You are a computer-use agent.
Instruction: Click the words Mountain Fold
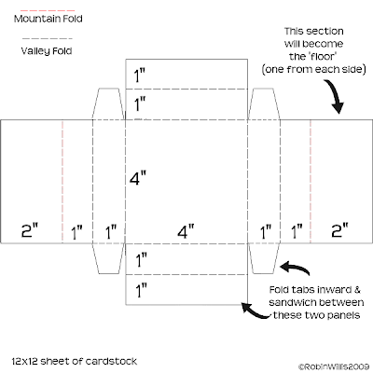pyautogui.click(x=48, y=19)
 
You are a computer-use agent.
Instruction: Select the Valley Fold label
pyautogui.click(x=47, y=50)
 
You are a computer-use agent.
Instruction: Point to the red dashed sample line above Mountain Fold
pyautogui.click(x=48, y=10)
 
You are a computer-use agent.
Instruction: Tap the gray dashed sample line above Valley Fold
pyautogui.click(x=48, y=38)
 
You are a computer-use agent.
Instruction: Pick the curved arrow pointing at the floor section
pyautogui.click(x=336, y=95)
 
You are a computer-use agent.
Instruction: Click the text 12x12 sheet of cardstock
pyautogui.click(x=75, y=361)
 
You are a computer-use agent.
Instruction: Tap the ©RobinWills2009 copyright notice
pyautogui.click(x=334, y=366)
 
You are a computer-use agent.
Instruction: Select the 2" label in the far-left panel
pyautogui.click(x=30, y=230)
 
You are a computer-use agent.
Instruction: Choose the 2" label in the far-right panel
pyautogui.click(x=339, y=230)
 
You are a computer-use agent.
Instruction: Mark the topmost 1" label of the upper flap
pyautogui.click(x=140, y=76)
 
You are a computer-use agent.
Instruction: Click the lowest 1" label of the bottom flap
pyautogui.click(x=142, y=290)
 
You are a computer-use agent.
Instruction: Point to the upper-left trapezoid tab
pyautogui.click(x=108, y=104)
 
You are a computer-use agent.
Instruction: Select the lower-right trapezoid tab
pyautogui.click(x=264, y=258)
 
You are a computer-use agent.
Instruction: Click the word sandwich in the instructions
pyautogui.click(x=291, y=302)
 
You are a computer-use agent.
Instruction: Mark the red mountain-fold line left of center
pyautogui.click(x=62, y=182)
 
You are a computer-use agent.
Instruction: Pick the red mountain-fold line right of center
pyautogui.click(x=311, y=182)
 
